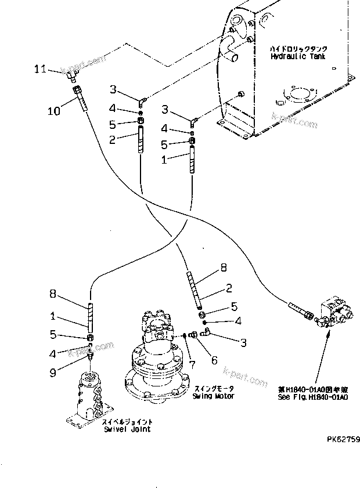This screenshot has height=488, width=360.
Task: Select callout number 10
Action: (53, 111)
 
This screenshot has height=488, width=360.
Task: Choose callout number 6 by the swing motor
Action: (214, 360)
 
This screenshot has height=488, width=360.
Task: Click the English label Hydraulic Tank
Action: (298, 57)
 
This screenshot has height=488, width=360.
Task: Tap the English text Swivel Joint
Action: (127, 429)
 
